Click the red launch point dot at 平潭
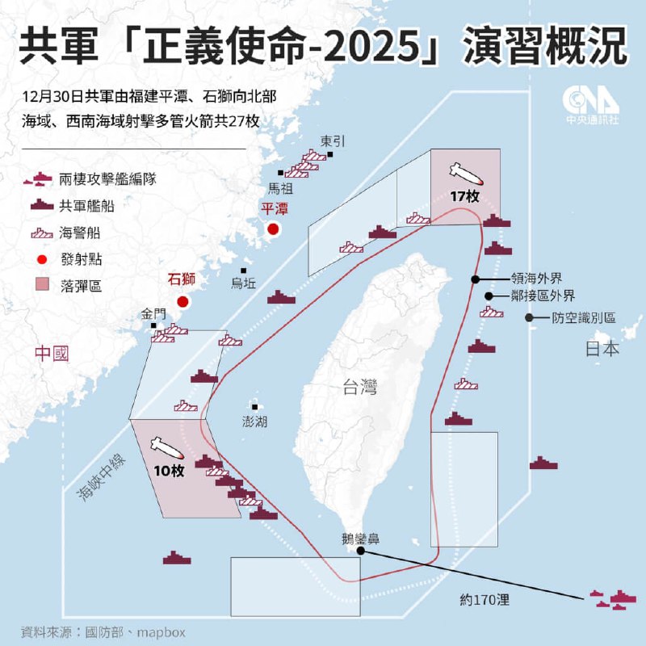click(273, 229)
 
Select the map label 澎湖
click(254, 422)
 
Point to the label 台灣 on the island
click(358, 388)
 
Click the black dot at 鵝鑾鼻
click(350, 552)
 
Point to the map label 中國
click(52, 353)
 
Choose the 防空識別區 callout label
click(583, 318)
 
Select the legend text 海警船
click(81, 233)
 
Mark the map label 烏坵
click(243, 283)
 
